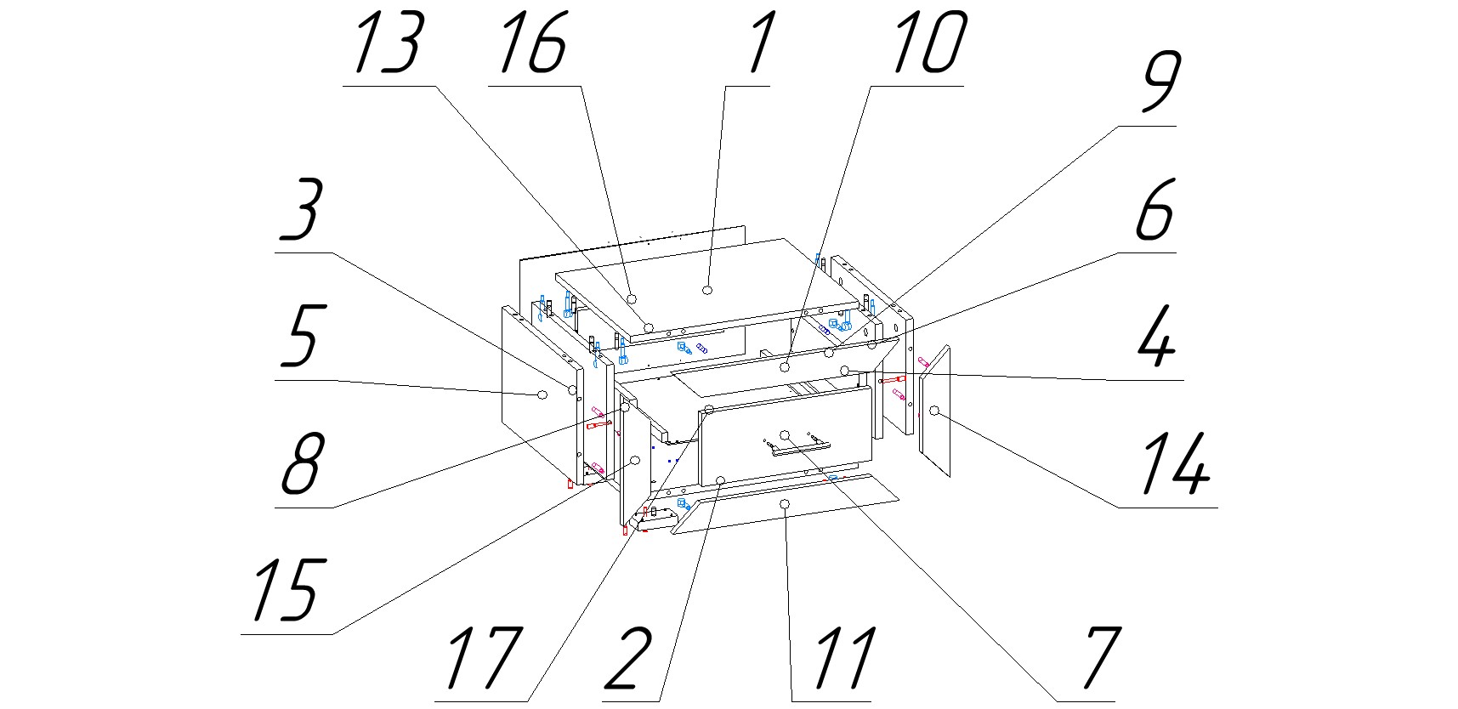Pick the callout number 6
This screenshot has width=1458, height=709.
pyautogui.click(x=1156, y=209)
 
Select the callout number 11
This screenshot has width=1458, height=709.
pyautogui.click(x=842, y=658)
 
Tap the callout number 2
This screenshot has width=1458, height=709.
pyautogui.click(x=628, y=658)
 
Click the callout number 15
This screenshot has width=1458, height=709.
pyautogui.click(x=286, y=589)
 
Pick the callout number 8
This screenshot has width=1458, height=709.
pyautogui.click(x=301, y=463)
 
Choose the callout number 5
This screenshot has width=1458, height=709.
pyautogui.click(x=299, y=337)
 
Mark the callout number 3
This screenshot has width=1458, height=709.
pyautogui.click(x=299, y=209)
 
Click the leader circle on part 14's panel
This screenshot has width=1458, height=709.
pyautogui.click(x=934, y=411)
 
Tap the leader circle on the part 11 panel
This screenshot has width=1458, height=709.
pyautogui.click(x=785, y=505)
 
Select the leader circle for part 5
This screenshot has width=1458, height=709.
pyautogui.click(x=541, y=394)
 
